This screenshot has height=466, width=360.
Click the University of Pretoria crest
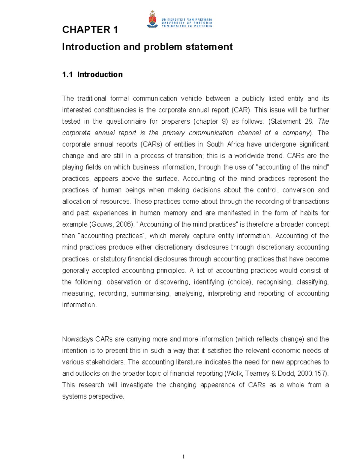(152, 20)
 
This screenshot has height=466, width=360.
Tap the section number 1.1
(67, 74)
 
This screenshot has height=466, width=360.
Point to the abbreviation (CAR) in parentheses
(241, 110)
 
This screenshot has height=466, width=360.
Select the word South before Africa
(215, 144)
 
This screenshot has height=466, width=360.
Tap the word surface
(167, 179)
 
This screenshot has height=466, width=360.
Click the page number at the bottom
(184, 457)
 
